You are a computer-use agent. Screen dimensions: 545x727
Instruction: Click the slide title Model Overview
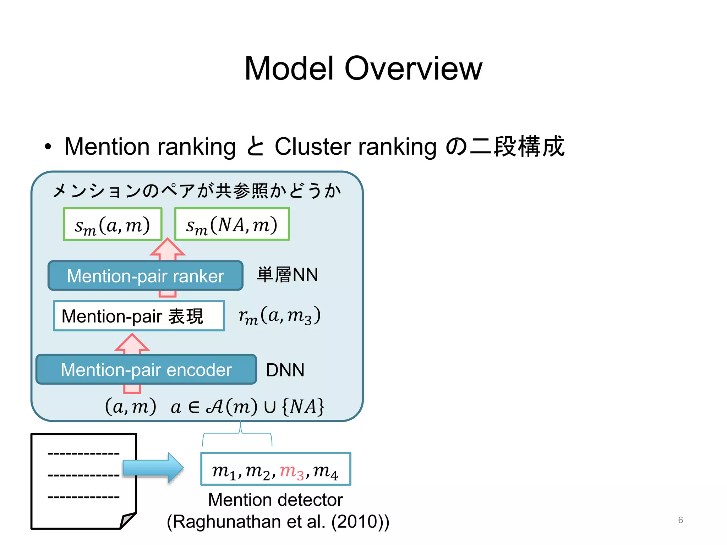tap(363, 68)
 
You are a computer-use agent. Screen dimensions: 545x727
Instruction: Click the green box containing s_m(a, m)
tap(113, 224)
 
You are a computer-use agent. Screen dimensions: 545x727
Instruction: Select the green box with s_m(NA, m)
tap(232, 224)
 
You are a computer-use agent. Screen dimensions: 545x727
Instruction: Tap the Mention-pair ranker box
tap(146, 276)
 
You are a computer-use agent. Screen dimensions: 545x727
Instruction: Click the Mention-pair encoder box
tap(146, 369)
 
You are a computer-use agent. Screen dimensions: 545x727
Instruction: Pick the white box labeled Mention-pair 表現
tap(139, 316)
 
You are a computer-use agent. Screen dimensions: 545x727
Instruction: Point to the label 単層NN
tap(287, 275)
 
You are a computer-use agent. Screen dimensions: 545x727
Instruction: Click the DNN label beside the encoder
tap(285, 370)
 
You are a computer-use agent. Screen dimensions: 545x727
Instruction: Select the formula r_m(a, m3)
tap(279, 315)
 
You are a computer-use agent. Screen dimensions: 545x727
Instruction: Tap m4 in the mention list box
tap(325, 471)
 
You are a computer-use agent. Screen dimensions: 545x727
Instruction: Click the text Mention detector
tap(275, 500)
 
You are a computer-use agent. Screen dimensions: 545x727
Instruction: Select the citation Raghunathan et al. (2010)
tap(278, 522)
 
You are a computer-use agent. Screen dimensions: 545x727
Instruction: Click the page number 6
tap(680, 520)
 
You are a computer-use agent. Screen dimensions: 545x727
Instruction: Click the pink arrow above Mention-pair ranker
tap(168, 248)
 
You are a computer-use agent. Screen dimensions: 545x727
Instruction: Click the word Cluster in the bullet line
tap(313, 147)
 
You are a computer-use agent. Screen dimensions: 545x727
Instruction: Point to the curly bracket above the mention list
tap(237, 435)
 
